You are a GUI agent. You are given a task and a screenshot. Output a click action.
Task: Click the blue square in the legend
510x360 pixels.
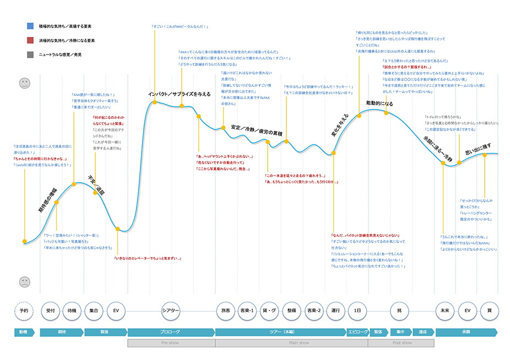(x=30, y=26)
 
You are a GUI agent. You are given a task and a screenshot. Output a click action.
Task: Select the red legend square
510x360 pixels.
(x=30, y=40)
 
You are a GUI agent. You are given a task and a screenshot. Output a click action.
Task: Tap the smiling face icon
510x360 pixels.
(x=25, y=83)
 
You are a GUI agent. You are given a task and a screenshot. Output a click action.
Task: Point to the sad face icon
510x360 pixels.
(x=25, y=282)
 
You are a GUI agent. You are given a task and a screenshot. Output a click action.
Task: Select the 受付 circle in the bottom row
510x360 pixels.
(x=51, y=310)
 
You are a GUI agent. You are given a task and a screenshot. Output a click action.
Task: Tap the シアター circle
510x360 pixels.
(x=171, y=310)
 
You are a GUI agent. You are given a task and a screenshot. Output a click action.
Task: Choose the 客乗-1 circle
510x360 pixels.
(x=246, y=310)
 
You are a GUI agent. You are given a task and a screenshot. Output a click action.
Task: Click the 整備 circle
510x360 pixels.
(x=291, y=310)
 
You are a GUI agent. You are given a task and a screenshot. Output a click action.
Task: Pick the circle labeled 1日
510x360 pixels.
(x=357, y=310)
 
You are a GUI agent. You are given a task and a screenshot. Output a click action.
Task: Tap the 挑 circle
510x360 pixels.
(x=399, y=310)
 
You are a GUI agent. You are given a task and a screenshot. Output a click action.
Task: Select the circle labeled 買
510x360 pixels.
(x=489, y=310)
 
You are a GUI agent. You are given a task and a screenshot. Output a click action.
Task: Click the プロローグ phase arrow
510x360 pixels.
(x=171, y=332)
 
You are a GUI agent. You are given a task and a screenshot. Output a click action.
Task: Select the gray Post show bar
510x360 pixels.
(x=402, y=342)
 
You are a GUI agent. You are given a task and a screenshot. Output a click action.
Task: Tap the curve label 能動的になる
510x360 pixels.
(x=380, y=103)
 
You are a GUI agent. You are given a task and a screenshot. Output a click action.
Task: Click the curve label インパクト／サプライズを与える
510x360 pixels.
(x=180, y=94)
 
